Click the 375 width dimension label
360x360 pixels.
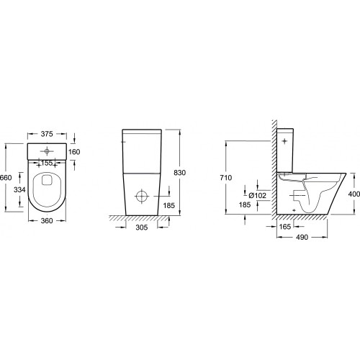(47, 134)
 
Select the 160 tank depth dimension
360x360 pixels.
(74, 152)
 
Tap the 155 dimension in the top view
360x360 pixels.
(47, 163)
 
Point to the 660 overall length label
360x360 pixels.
(6, 178)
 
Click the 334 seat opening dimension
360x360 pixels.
(19, 190)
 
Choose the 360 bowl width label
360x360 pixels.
(47, 221)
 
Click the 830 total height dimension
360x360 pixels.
(180, 173)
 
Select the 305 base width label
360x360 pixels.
(142, 228)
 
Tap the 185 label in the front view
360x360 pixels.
(169, 205)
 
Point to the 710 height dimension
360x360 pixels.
(226, 178)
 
